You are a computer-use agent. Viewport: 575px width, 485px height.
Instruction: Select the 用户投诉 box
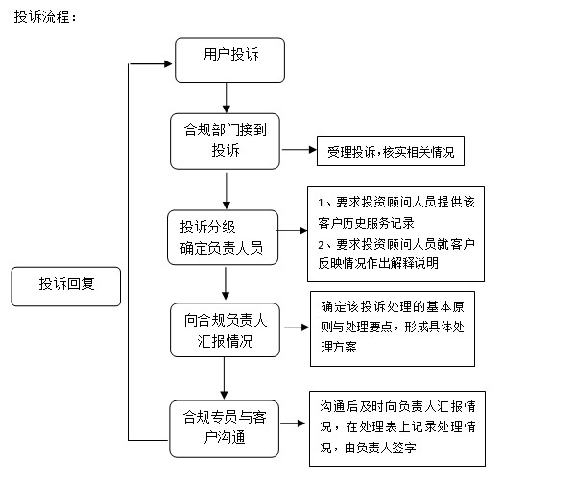230,61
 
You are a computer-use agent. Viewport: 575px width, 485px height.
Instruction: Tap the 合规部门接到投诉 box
226,141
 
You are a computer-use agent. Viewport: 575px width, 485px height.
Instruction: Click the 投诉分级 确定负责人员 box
223,237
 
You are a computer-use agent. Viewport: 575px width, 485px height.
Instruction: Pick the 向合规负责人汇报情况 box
226,329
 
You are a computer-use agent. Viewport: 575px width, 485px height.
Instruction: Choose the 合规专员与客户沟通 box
225,428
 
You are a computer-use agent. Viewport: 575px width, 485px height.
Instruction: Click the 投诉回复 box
66,286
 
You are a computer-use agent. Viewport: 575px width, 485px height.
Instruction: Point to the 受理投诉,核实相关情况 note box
391,151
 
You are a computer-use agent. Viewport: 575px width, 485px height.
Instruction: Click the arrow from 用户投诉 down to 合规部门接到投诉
227,98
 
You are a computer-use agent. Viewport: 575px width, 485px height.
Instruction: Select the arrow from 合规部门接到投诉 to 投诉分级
227,191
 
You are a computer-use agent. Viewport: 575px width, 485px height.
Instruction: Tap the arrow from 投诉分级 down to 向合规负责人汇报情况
226,283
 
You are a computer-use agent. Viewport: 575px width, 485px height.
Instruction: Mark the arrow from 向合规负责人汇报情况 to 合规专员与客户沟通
224,378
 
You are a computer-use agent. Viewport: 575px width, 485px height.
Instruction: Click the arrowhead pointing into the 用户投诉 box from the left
168,64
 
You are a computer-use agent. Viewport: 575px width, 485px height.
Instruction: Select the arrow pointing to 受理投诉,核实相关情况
299,149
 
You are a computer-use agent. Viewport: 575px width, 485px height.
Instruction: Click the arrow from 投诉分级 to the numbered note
293,230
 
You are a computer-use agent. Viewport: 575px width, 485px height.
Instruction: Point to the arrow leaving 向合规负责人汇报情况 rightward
297,327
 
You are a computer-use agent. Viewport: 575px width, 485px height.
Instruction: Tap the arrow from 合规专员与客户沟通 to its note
293,424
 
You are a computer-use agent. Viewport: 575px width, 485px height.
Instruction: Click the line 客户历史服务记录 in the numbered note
366,223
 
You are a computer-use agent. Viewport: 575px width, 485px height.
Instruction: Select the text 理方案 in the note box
339,347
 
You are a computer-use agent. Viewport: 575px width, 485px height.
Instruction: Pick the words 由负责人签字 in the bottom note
380,448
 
